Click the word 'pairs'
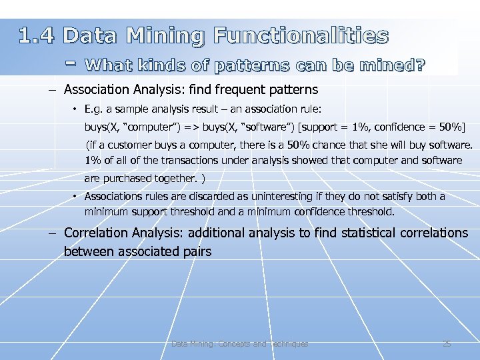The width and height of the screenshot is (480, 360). [198, 251]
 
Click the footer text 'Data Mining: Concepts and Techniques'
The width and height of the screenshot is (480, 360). [240, 344]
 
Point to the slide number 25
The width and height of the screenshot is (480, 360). [447, 344]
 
